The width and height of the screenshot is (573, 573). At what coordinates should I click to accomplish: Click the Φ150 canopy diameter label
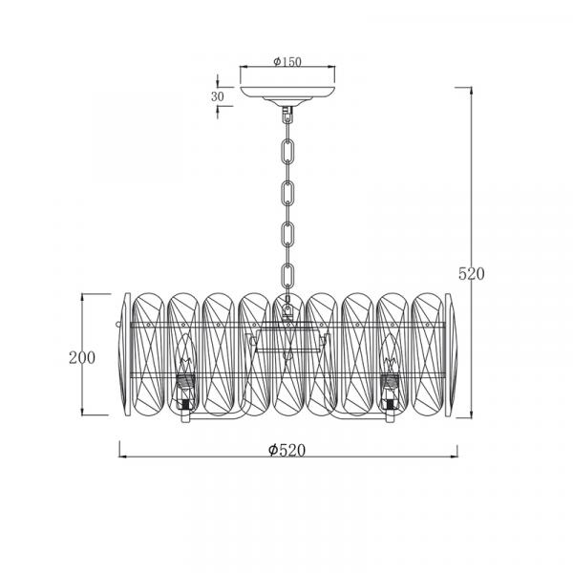(x=287, y=62)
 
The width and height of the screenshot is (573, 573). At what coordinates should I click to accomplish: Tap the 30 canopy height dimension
(x=217, y=96)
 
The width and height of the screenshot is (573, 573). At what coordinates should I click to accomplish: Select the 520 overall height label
(x=472, y=274)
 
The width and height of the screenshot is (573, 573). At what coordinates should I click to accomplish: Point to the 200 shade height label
(x=82, y=357)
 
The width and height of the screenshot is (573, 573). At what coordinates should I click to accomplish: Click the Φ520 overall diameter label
(x=286, y=450)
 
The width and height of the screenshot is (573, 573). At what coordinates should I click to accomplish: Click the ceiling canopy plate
(x=287, y=94)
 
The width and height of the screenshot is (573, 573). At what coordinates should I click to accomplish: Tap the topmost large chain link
(x=288, y=151)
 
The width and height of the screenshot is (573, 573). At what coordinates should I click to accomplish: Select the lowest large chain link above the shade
(x=288, y=276)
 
